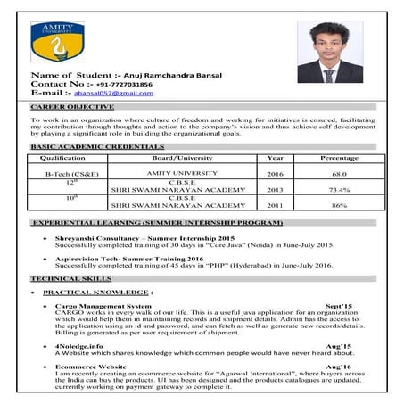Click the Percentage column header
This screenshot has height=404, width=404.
coord(339,158)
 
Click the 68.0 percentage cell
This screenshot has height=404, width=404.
coord(339,175)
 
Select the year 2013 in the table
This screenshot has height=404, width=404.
coord(275,190)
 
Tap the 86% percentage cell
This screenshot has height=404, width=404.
coord(339,206)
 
